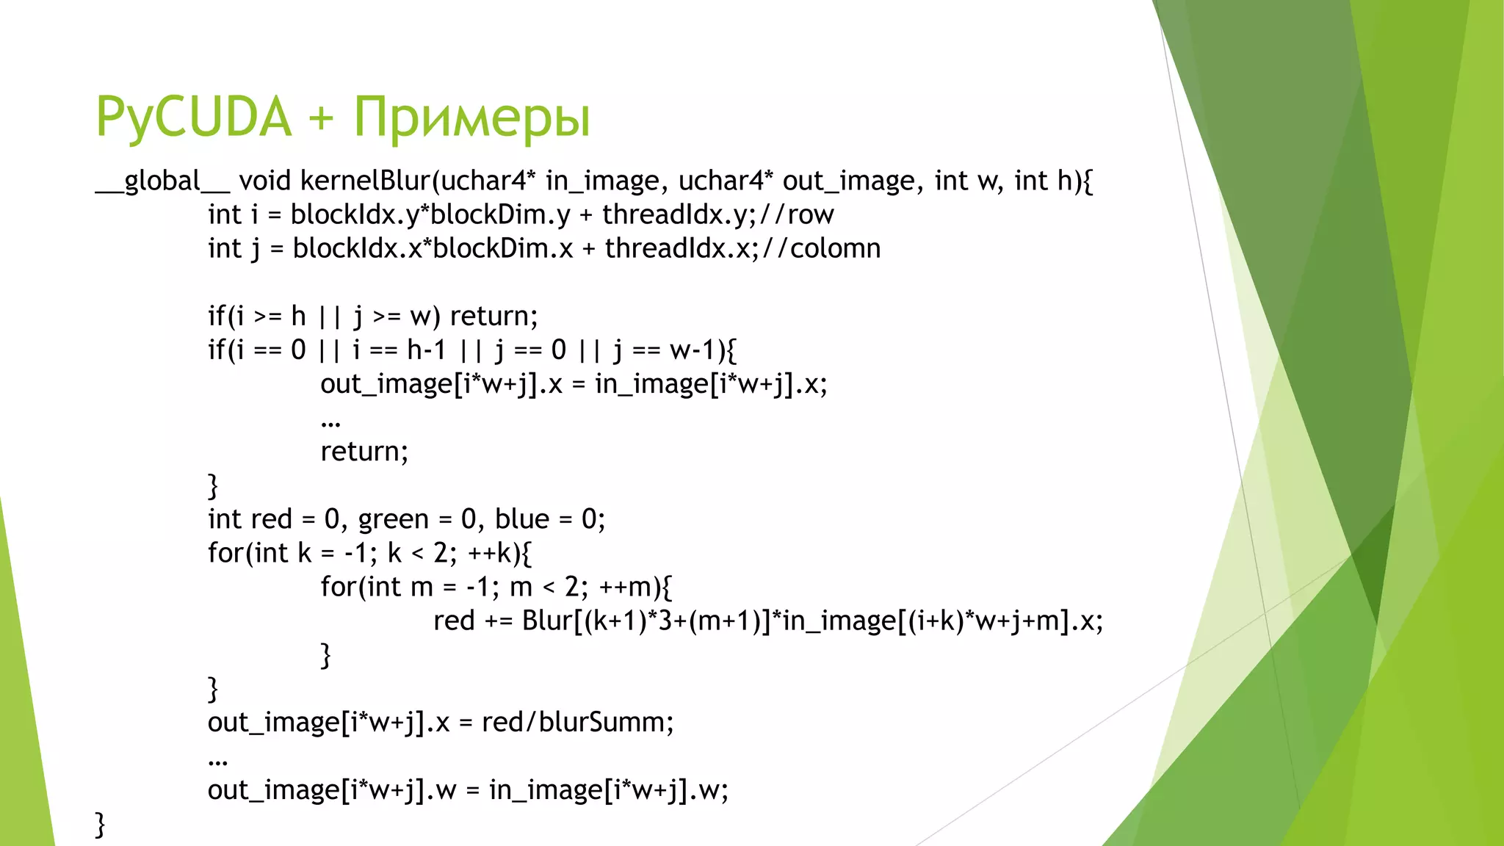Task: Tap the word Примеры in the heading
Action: click(x=471, y=117)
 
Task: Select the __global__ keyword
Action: click(x=162, y=181)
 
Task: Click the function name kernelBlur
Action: click(x=366, y=181)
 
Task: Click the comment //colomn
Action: click(x=822, y=248)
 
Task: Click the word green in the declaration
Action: click(x=393, y=519)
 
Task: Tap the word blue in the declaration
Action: click(x=522, y=519)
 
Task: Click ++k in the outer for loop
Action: click(x=488, y=553)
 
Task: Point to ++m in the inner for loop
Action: click(x=625, y=587)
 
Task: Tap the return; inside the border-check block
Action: click(x=364, y=452)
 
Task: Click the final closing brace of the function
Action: click(x=101, y=824)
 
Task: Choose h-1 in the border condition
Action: click(x=427, y=350)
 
